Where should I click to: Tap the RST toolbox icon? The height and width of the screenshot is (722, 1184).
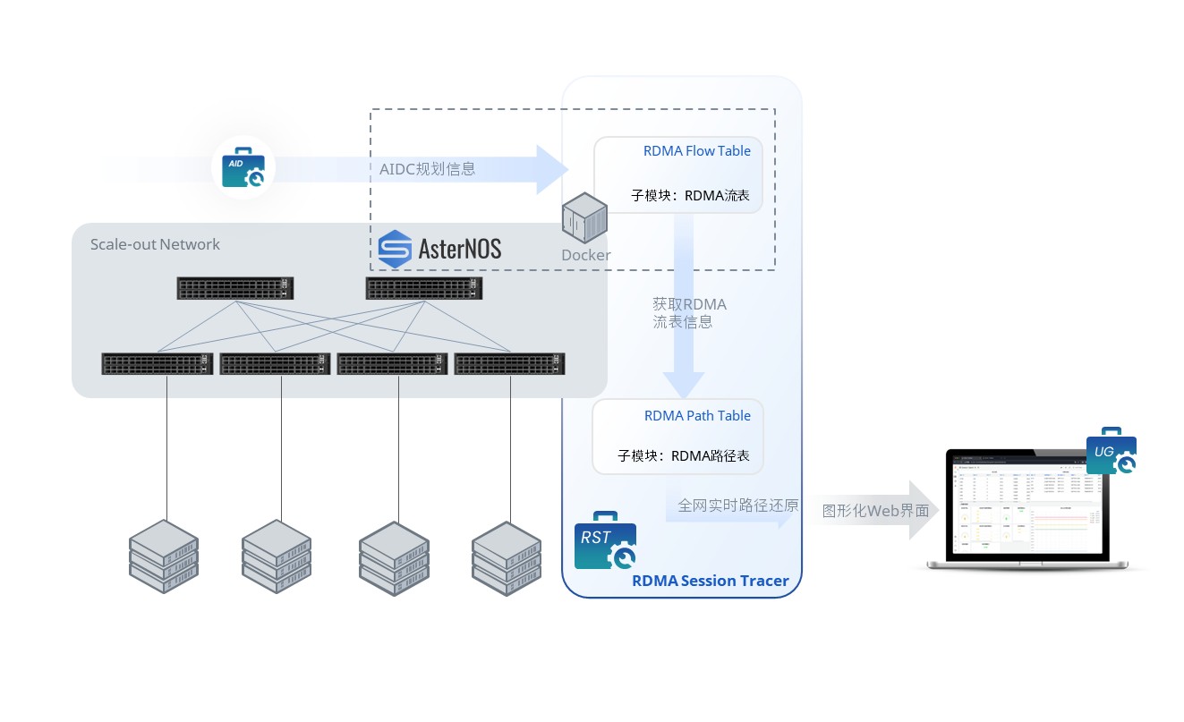click(604, 540)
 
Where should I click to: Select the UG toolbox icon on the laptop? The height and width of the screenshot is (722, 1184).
click(1111, 453)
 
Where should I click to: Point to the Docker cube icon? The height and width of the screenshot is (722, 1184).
click(584, 220)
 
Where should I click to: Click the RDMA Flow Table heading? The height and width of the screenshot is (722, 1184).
click(696, 151)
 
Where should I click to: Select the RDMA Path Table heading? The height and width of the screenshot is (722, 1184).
click(697, 416)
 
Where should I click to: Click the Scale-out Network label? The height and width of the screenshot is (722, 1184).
click(155, 244)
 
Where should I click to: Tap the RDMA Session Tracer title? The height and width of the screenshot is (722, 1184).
click(710, 581)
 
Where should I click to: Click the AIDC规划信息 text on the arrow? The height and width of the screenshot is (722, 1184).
click(428, 168)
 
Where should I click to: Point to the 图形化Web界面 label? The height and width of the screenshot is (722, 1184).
click(875, 511)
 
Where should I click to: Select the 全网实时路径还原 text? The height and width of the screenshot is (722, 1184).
click(737, 505)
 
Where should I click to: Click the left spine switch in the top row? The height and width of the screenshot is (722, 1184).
click(235, 288)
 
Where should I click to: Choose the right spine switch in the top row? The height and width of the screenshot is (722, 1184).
click(424, 288)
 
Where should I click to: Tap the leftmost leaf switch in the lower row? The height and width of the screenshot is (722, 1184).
click(157, 364)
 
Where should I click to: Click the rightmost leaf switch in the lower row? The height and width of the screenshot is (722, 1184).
click(510, 364)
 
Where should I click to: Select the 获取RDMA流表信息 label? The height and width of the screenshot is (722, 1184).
click(689, 313)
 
